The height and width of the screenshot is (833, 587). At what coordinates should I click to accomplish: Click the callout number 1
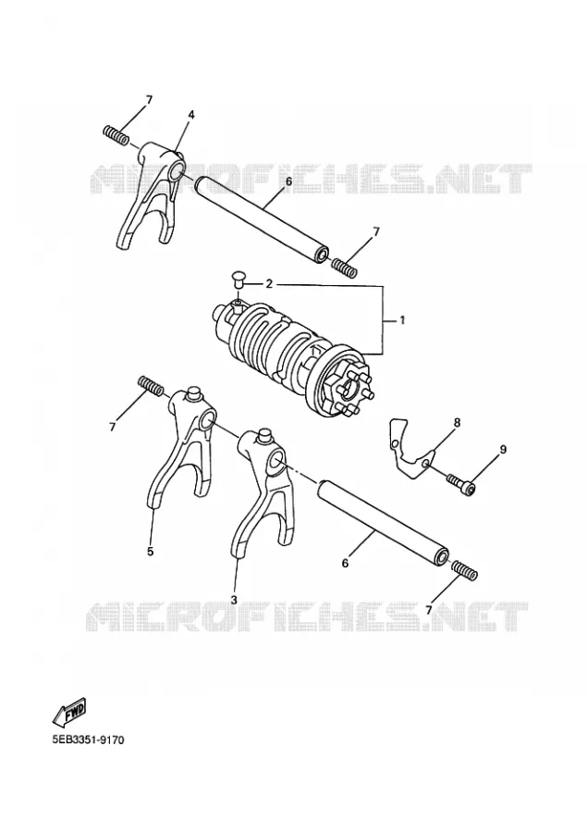click(x=402, y=320)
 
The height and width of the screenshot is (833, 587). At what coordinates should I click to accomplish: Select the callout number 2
click(x=269, y=284)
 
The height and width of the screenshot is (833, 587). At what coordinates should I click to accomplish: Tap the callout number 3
click(x=234, y=599)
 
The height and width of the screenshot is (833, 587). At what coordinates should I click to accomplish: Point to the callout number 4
click(x=191, y=115)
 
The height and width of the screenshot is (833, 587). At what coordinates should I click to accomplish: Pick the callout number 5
click(x=150, y=552)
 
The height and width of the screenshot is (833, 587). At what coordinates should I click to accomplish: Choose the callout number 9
click(x=503, y=450)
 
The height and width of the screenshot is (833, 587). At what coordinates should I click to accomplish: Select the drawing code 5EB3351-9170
click(x=88, y=740)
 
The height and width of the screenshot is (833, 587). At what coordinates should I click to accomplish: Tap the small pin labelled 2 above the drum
click(x=238, y=279)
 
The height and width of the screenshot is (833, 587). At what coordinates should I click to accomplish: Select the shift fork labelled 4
click(x=152, y=195)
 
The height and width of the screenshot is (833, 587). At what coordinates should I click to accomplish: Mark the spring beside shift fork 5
click(x=150, y=385)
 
